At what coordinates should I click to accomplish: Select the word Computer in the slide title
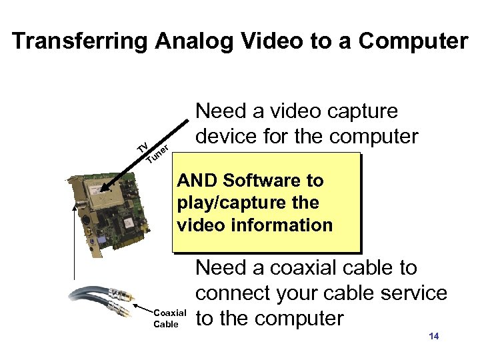413,41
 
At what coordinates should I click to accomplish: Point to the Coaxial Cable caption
169,318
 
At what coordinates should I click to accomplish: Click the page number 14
434,336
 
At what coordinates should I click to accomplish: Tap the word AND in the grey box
197,181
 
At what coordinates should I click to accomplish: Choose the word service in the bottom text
411,293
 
